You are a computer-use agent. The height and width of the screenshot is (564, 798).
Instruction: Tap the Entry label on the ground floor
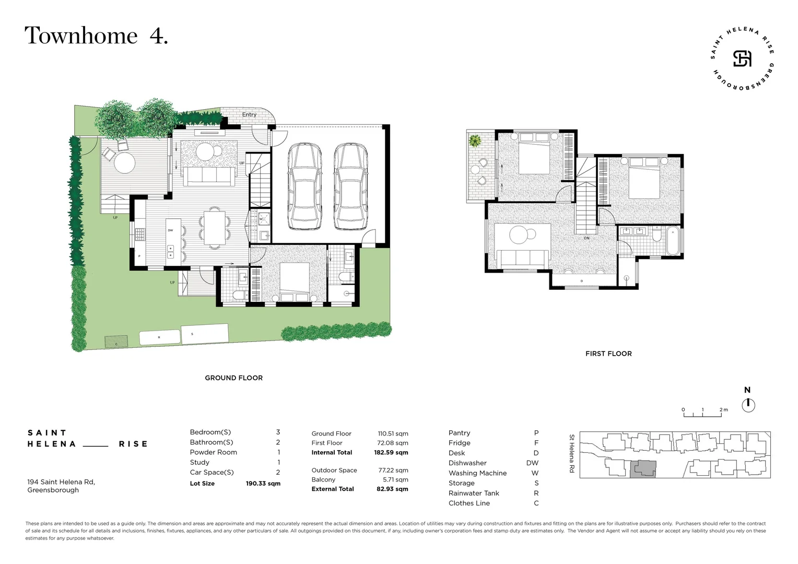[x=249, y=114]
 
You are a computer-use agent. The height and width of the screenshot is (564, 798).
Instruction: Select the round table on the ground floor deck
[x=124, y=162]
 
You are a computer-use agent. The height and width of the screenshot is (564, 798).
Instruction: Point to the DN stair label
[x=586, y=238]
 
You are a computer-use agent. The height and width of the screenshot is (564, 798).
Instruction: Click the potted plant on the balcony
[x=475, y=140]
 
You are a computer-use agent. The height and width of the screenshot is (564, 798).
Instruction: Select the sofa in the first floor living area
[x=522, y=258]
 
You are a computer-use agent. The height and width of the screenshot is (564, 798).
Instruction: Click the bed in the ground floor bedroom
[x=295, y=282]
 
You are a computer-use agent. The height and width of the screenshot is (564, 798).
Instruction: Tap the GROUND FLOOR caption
[x=233, y=378]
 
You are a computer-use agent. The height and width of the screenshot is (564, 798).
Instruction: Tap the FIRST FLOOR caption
[x=608, y=354]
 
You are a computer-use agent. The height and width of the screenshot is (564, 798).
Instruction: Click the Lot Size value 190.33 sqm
[x=263, y=484]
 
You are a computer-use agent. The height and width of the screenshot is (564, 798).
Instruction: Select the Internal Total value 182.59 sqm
[x=391, y=453]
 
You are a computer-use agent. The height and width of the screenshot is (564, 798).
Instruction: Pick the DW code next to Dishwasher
[x=532, y=463]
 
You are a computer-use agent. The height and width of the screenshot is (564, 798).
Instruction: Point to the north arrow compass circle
[x=748, y=405]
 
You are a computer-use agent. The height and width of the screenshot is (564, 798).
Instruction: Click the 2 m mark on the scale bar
[x=723, y=410]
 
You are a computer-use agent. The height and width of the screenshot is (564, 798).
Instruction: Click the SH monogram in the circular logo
[x=742, y=58]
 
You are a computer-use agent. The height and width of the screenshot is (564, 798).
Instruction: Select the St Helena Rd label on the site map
[x=572, y=453]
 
